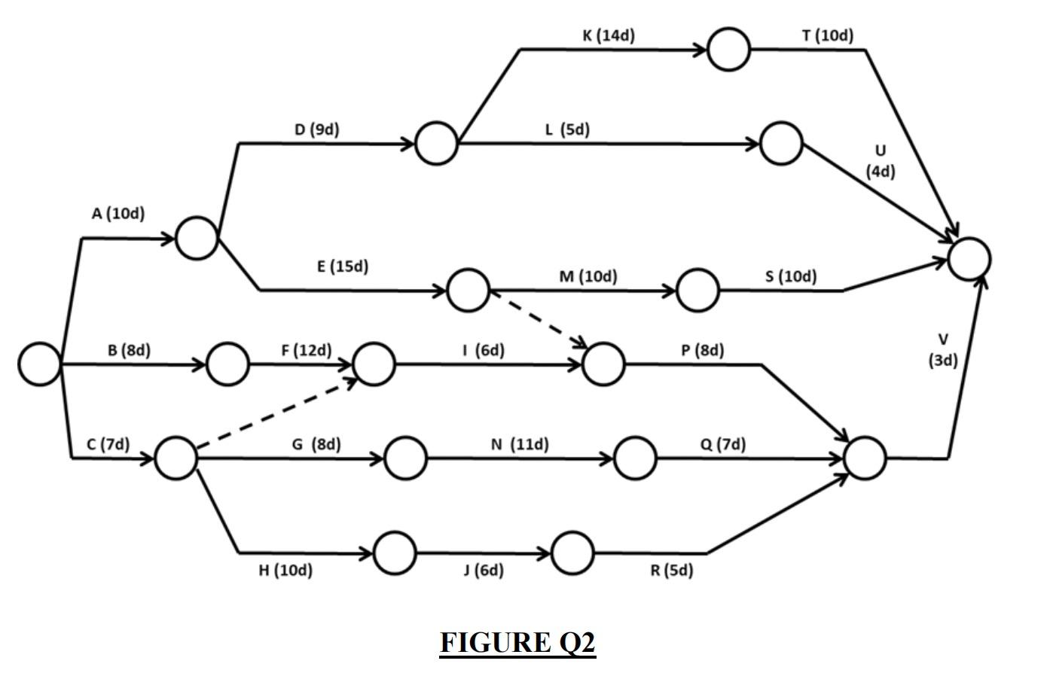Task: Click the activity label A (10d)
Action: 118,214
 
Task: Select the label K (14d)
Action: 609,35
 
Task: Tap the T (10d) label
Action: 827,35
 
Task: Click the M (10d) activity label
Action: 588,276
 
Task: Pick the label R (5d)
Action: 672,571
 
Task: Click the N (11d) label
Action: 520,445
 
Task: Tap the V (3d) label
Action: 943,350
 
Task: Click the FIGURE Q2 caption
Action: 517,643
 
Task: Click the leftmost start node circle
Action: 39,364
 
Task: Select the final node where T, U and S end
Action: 969,258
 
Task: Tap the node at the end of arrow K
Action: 728,50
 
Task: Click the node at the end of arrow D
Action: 436,144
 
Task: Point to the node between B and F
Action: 227,364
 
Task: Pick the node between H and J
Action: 394,553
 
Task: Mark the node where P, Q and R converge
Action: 865,458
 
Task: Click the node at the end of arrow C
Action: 176,458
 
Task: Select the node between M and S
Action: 697,291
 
